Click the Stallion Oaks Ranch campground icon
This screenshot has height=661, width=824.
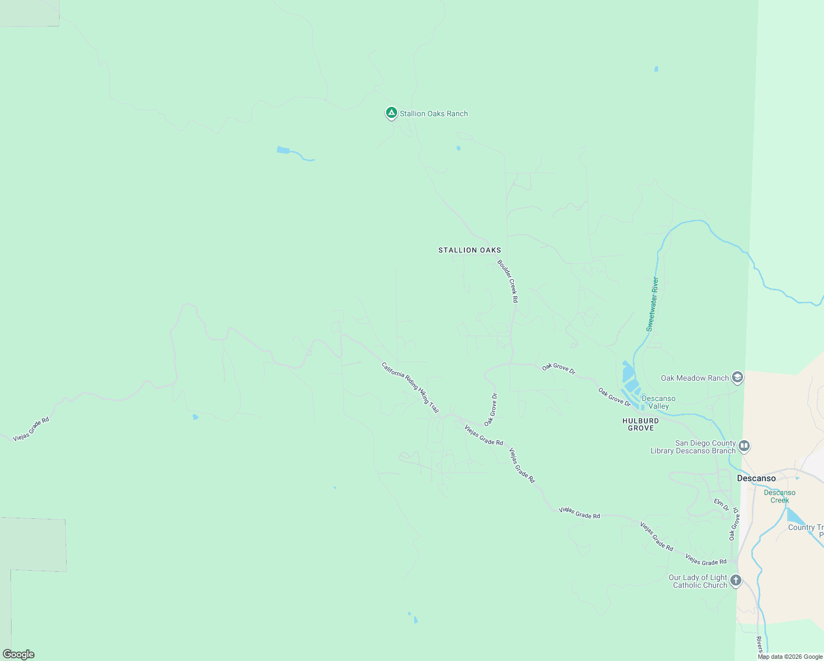(391, 113)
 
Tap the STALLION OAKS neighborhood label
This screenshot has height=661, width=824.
(470, 250)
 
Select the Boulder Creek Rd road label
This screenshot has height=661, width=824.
(508, 281)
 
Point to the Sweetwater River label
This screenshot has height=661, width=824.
(652, 304)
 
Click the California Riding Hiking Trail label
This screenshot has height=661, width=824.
(410, 387)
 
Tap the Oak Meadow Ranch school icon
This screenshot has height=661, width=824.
(738, 377)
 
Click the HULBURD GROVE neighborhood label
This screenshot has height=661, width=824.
(641, 424)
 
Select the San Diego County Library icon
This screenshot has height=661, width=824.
(744, 446)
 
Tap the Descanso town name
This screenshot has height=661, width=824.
(756, 478)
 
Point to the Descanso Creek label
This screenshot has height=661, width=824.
(779, 496)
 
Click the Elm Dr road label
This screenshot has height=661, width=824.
(722, 504)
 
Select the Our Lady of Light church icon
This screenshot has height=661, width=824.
(735, 581)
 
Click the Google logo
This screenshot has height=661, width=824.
(19, 654)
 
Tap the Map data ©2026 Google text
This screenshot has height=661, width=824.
(790, 657)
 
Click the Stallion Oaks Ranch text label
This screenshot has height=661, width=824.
(433, 113)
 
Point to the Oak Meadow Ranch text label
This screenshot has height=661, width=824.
(695, 378)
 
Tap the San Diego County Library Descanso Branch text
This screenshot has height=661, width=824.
(693, 447)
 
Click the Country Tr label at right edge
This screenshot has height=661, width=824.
(806, 528)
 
